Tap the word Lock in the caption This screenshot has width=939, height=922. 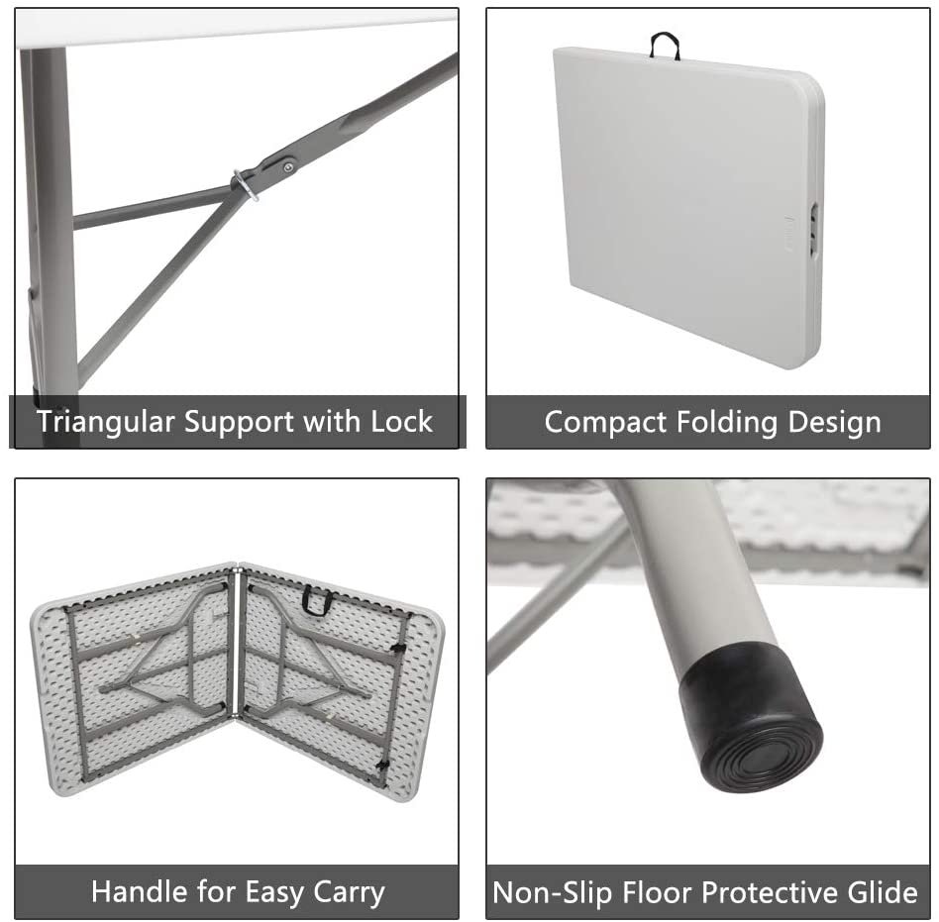(401, 422)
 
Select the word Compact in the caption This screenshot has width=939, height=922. (605, 423)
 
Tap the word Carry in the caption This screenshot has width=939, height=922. (349, 893)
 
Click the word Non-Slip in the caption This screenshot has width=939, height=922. (552, 893)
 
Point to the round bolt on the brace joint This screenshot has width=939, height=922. (289, 167)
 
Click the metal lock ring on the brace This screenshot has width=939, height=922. (246, 185)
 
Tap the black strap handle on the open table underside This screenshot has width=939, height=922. (317, 600)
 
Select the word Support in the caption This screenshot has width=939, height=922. (239, 423)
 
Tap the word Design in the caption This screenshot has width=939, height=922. (835, 423)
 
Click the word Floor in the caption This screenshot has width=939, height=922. (655, 891)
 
